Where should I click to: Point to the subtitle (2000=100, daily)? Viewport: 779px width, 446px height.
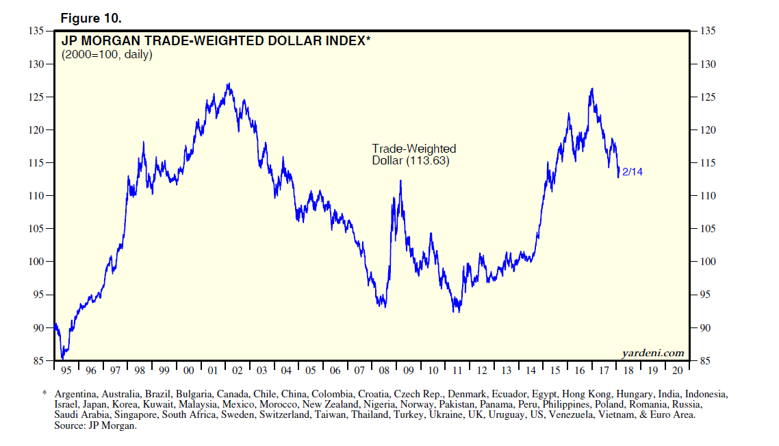coord(107,55)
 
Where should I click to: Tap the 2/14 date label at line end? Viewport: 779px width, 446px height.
coord(633,172)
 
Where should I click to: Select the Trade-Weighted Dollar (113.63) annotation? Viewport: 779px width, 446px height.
coord(413,155)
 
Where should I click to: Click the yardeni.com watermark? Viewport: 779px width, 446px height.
coord(652,353)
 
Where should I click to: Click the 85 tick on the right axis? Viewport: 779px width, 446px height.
coord(708,361)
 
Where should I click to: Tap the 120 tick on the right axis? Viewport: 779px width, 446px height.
coord(709,130)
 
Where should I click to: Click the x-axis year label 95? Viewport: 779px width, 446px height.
coord(66,371)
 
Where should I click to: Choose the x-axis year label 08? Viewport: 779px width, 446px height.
coord(384,371)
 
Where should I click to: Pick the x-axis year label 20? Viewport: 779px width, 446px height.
coord(677,371)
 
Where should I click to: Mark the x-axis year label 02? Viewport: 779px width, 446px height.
coord(238,371)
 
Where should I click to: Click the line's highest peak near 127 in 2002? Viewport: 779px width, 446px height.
coord(228,84)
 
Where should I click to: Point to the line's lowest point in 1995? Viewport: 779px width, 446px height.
coord(62,358)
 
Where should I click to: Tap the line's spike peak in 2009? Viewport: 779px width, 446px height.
coord(400,181)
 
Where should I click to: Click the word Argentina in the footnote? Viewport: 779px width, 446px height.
coord(77,395)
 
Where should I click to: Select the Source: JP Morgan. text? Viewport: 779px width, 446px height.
coord(96,425)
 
